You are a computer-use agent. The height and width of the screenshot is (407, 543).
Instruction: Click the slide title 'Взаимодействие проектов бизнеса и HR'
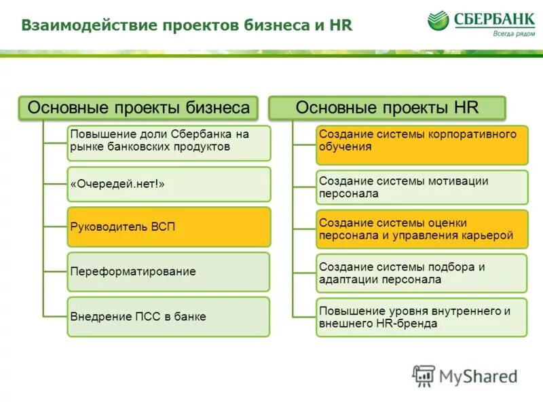coord(187,26)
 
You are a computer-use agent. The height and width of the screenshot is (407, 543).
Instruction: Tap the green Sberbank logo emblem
coord(438,21)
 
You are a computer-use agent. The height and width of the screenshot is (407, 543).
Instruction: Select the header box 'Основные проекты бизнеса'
coord(138,108)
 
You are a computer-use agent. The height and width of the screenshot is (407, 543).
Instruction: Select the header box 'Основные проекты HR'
coord(388,108)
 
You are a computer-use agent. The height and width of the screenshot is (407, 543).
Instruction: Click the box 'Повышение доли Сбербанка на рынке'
coord(168,142)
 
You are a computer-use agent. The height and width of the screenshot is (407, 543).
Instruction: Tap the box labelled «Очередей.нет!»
coord(168,184)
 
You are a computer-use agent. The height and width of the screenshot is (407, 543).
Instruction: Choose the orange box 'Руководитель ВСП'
coord(168,227)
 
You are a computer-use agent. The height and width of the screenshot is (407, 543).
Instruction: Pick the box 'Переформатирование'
coord(168,271)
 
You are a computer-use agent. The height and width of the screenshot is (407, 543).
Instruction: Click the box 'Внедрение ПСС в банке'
coord(168,317)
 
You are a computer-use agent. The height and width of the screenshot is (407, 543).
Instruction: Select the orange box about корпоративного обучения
coord(422,144)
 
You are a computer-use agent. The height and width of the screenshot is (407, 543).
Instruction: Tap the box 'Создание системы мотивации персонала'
coord(422,187)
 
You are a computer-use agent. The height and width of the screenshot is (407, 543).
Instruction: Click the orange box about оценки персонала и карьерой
coord(422,230)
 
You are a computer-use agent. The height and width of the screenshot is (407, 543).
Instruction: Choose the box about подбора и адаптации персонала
coord(422,273)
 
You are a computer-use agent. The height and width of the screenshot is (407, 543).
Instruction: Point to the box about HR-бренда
coord(422,317)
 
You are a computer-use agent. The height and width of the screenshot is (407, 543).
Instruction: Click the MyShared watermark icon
coord(424,376)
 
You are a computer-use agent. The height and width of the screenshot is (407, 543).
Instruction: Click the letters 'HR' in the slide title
coord(340,26)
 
